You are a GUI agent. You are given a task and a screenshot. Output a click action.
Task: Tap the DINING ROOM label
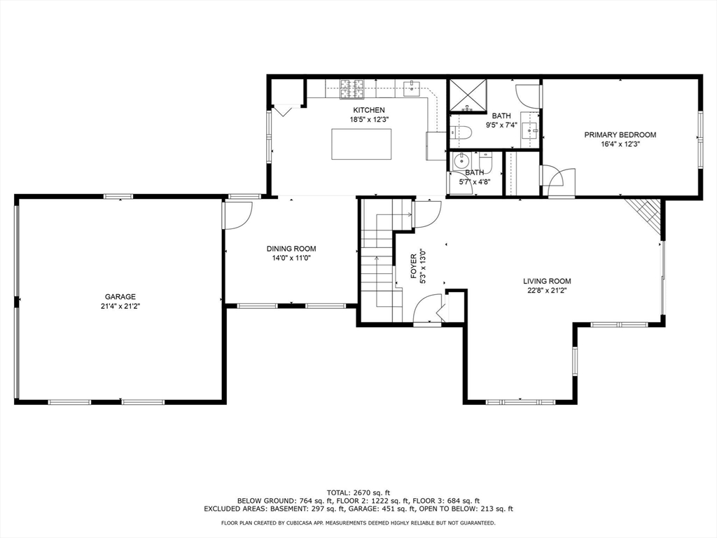(x=291, y=249)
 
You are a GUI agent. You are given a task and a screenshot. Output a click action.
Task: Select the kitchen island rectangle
(x=361, y=144)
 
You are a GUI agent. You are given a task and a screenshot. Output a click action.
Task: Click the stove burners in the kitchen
(x=352, y=89)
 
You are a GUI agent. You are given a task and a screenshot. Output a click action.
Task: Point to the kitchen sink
(x=412, y=88)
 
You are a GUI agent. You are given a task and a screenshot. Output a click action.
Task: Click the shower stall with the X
(x=467, y=95)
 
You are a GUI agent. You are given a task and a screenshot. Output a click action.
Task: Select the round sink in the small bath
(x=462, y=160)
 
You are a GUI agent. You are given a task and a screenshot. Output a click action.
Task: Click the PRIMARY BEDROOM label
(x=620, y=135)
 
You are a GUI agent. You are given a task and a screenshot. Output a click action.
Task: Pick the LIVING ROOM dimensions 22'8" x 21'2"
(x=547, y=291)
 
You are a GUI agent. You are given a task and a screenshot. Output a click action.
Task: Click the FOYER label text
(x=414, y=267)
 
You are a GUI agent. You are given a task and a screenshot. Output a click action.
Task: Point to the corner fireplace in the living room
(x=645, y=216)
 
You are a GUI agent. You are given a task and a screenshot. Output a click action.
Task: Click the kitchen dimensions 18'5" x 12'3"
(x=368, y=119)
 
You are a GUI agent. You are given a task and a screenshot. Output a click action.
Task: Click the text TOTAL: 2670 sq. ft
(x=358, y=492)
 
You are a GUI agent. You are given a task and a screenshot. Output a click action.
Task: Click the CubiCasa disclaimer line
(x=358, y=523)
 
